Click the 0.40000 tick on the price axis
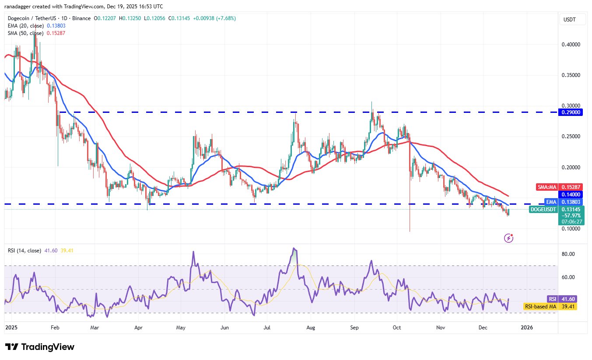[571, 45]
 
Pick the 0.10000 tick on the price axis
[571, 229]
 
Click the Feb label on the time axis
[55, 327]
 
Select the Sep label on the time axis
[355, 327]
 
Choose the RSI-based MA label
[540, 307]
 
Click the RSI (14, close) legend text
[25, 251]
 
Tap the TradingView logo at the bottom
[40, 347]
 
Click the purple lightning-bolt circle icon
[508, 238]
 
